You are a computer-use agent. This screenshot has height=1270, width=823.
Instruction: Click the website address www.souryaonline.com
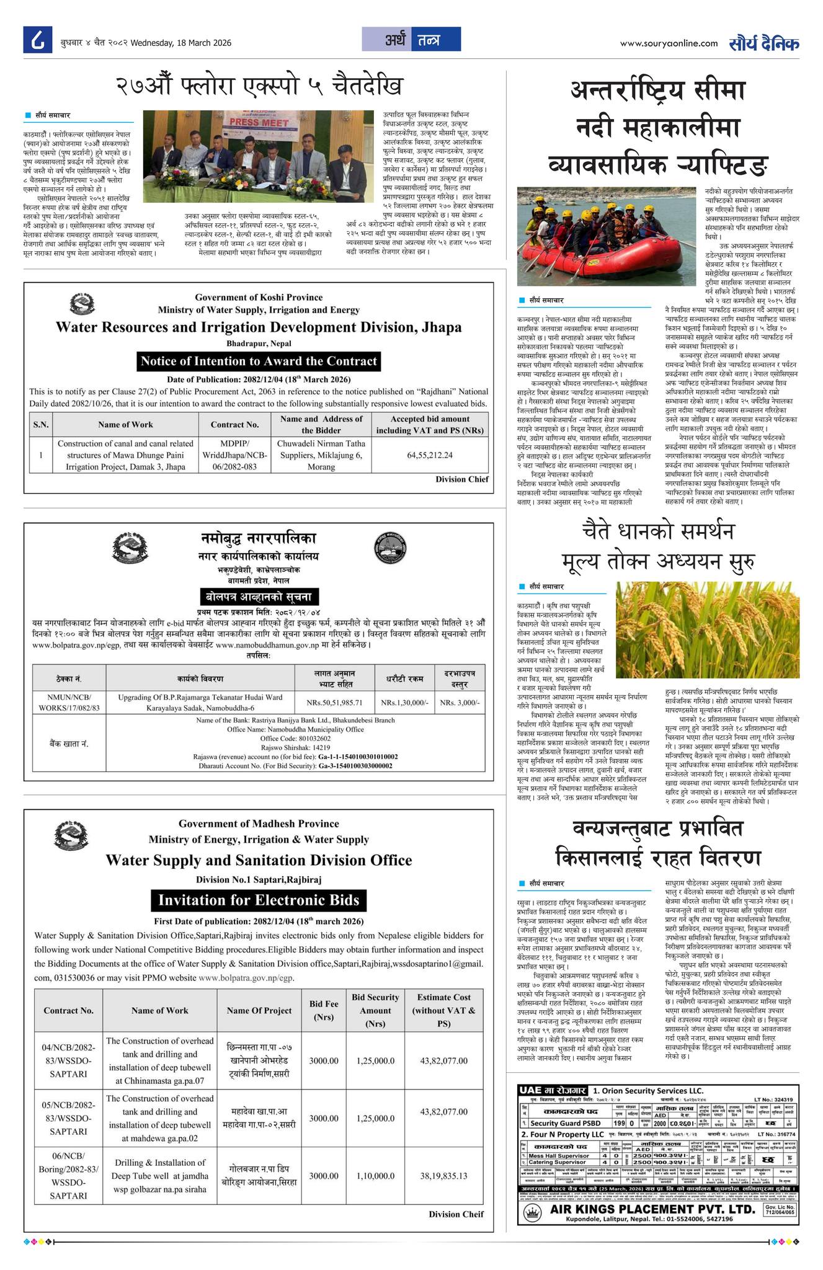click(669, 43)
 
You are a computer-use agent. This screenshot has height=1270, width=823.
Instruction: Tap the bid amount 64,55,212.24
click(430, 455)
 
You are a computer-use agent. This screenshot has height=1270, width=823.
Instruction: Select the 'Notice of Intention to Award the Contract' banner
click(258, 362)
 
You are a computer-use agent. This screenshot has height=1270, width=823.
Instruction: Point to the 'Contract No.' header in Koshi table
click(234, 425)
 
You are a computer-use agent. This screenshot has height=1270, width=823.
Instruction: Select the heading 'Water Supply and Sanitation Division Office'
click(258, 860)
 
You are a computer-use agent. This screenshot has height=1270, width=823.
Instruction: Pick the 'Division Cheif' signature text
click(456, 1214)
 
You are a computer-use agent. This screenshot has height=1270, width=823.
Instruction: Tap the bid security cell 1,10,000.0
click(375, 1175)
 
